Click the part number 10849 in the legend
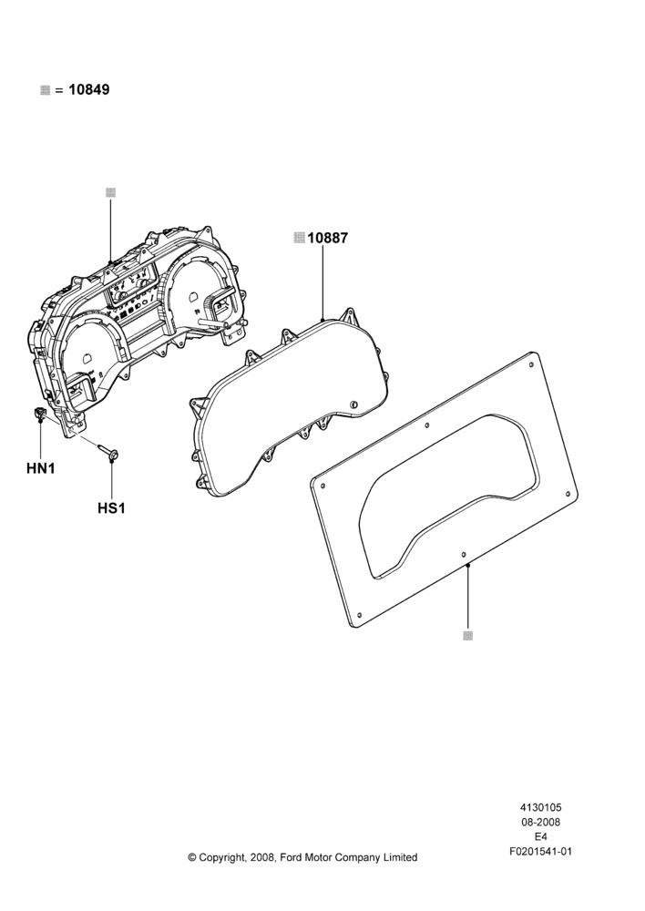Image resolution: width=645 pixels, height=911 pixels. (x=89, y=90)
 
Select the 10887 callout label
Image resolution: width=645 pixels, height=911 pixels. (x=328, y=238)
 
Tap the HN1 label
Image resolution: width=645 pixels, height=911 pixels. (x=41, y=467)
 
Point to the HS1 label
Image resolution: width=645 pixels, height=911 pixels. (x=111, y=507)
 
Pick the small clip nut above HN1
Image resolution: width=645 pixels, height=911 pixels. (x=39, y=414)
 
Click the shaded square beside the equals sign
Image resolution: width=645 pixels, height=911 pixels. (x=46, y=90)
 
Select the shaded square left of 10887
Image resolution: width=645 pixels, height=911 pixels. (x=299, y=238)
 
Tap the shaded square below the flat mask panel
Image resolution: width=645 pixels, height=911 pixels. (x=467, y=636)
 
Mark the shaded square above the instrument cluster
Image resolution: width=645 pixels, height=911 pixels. (x=111, y=193)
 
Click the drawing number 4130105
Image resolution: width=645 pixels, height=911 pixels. (x=540, y=807)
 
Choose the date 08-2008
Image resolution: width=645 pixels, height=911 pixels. (x=540, y=822)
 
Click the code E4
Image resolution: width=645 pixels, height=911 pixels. (x=540, y=836)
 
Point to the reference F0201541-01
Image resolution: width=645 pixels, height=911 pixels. (x=540, y=852)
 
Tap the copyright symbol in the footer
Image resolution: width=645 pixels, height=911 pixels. (x=192, y=857)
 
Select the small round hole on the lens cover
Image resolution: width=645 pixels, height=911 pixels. (x=353, y=404)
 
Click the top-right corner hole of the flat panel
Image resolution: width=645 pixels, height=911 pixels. (x=532, y=365)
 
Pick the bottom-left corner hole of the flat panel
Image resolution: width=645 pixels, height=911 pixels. (x=359, y=614)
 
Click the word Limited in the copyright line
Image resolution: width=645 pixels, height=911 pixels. (x=399, y=857)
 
